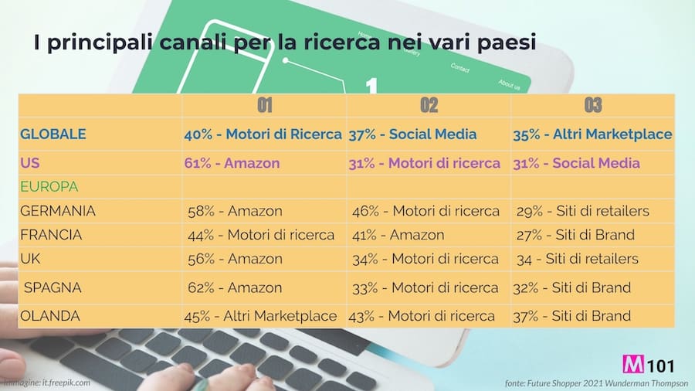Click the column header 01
click(x=264, y=105)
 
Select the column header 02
click(x=429, y=105)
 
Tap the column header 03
click(x=592, y=105)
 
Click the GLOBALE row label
click(x=53, y=134)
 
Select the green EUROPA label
click(x=49, y=187)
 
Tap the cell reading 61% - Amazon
click(x=232, y=163)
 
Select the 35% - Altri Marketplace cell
click(x=592, y=134)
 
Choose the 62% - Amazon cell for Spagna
click(x=235, y=287)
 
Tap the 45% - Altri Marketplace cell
click(x=260, y=315)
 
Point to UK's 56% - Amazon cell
click(x=235, y=258)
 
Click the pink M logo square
click(x=631, y=364)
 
